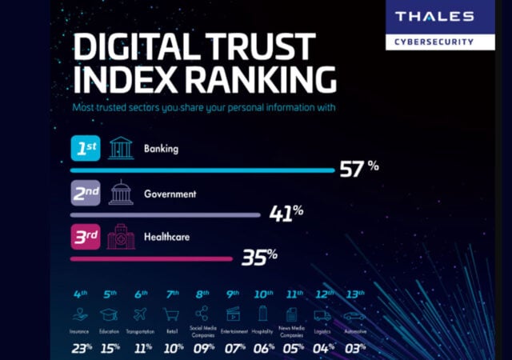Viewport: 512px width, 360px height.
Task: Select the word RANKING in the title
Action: (x=256, y=80)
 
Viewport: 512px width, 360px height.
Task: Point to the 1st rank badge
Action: (x=86, y=149)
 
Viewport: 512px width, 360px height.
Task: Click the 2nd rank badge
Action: (x=86, y=193)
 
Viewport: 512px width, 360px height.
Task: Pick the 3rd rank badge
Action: (x=86, y=237)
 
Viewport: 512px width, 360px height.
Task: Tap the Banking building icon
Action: (x=121, y=149)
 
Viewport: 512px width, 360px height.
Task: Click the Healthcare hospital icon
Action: (x=121, y=237)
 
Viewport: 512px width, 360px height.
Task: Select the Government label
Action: (x=170, y=194)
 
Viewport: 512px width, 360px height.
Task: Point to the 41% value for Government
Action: (x=285, y=212)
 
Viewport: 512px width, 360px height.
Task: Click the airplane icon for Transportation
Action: (x=140, y=314)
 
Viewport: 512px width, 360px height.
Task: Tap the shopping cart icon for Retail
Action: (x=171, y=314)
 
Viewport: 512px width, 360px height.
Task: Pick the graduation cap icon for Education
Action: (x=108, y=314)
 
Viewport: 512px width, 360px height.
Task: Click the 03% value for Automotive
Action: (x=351, y=348)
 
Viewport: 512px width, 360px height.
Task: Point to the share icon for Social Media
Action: (x=202, y=313)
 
